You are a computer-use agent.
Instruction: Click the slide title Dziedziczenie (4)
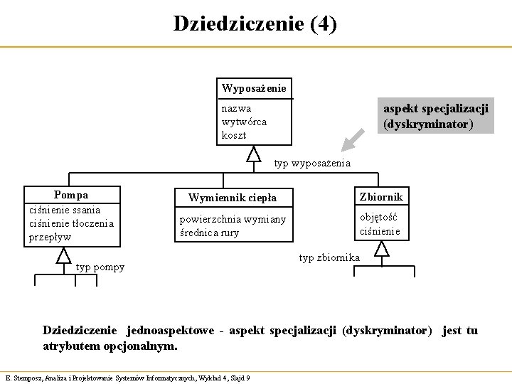(255, 23)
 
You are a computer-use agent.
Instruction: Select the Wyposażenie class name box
(254, 88)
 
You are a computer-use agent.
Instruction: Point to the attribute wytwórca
(244, 122)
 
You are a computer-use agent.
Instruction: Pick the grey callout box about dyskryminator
(435, 116)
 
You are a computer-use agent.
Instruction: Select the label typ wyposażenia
(312, 164)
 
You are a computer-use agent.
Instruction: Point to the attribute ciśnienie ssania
(64, 210)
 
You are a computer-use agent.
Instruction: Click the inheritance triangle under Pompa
(64, 255)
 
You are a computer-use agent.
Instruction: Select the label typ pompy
(100, 267)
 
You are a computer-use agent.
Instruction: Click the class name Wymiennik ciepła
(232, 197)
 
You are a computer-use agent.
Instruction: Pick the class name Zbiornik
(381, 196)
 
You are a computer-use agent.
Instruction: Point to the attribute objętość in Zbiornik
(378, 217)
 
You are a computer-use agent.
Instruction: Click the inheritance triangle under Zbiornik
(382, 248)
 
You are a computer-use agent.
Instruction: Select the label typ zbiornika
(329, 257)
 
